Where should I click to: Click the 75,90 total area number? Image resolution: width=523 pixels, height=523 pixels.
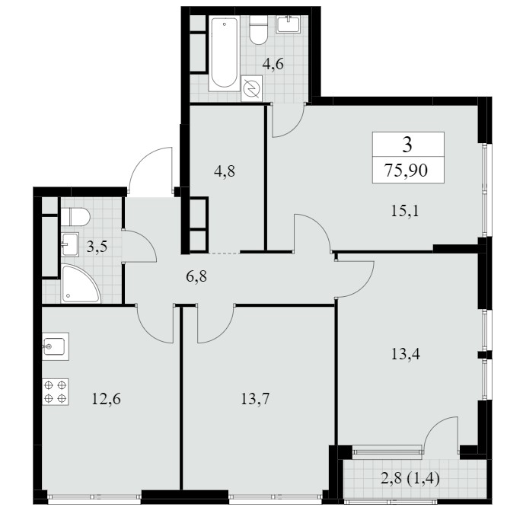406,170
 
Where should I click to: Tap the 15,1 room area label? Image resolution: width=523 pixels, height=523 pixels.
404,211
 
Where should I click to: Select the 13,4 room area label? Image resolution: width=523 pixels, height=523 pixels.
405,353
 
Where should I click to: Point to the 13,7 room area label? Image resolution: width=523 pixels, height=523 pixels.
255,399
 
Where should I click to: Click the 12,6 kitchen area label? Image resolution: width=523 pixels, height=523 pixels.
106,399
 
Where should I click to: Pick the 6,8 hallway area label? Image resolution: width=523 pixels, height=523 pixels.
196,276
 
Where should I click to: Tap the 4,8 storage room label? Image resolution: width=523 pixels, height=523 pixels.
225,171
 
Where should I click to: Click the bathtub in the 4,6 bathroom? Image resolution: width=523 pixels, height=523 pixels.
224,53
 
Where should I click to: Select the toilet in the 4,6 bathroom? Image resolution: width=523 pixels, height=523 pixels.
259,30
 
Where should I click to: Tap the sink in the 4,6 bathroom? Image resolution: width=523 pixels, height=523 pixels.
289,24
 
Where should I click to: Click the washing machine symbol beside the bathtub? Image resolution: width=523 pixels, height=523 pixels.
251,88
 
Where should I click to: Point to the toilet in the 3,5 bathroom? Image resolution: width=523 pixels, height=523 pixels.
75,217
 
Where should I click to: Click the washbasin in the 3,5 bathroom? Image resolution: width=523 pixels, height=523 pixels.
70,244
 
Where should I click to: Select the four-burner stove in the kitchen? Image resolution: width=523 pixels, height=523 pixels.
56,392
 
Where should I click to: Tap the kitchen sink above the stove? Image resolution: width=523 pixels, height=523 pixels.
56,346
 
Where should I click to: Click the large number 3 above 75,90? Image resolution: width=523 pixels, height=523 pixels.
407,145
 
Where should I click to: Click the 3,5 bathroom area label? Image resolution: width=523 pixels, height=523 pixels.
97,247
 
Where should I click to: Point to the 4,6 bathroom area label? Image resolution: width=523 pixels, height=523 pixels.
273,64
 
